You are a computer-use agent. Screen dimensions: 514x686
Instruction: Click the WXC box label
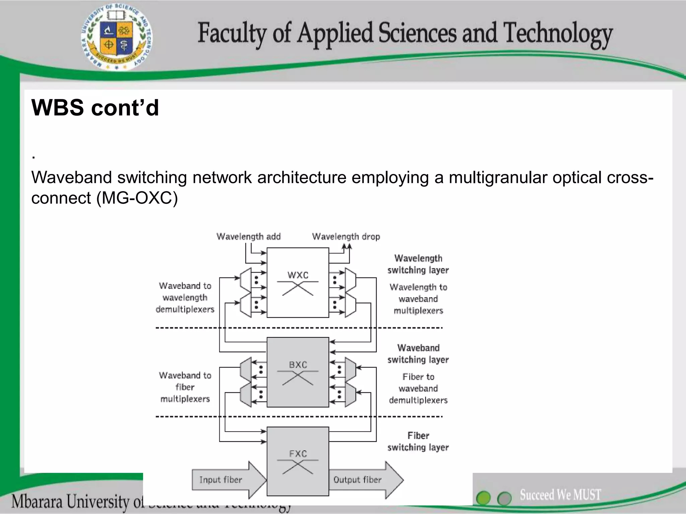tap(298, 275)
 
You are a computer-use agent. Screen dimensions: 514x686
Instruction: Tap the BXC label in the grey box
tap(298, 365)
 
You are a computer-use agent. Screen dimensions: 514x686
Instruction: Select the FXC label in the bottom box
tap(298, 454)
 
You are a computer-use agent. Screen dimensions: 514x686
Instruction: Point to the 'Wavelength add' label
tap(249, 237)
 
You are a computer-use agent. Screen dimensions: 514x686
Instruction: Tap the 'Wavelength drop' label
tap(346, 237)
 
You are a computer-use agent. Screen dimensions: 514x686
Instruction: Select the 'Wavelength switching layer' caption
tap(418, 264)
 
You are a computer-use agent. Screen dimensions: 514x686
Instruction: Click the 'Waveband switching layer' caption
tap(418, 354)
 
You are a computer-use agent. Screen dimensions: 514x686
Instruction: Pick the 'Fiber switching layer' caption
tap(418, 441)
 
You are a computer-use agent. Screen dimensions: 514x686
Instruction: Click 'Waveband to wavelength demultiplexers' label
tap(185, 297)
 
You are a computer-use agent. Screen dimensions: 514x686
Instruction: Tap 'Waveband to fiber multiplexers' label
tap(185, 387)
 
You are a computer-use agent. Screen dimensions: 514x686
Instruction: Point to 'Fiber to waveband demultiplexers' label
tap(418, 389)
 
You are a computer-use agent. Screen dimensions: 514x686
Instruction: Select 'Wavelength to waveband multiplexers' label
tap(418, 299)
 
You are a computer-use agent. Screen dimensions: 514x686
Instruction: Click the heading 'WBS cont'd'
tap(95, 108)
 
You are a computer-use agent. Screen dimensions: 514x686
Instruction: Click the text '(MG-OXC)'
tap(137, 198)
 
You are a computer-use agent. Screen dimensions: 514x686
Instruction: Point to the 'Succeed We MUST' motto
tap(560, 495)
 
